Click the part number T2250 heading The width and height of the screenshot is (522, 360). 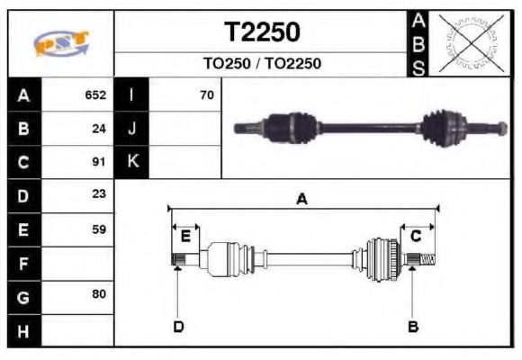(x=262, y=33)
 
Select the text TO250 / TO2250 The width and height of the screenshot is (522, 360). (x=262, y=65)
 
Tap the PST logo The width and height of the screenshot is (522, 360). (x=61, y=43)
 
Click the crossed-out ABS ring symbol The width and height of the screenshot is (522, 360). (x=469, y=42)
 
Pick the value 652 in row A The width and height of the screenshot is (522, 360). (x=95, y=94)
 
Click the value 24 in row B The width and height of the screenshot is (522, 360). (x=99, y=129)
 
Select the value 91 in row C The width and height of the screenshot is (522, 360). (x=99, y=162)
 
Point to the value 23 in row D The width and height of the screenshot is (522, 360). (x=99, y=195)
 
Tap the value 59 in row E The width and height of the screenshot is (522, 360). (x=99, y=229)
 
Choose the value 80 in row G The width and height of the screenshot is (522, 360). (x=99, y=295)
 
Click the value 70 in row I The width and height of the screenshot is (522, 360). (x=206, y=94)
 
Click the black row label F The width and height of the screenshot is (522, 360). (x=23, y=263)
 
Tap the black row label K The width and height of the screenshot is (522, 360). (x=131, y=162)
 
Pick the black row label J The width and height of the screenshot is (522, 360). (x=131, y=129)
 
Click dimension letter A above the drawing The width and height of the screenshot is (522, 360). (x=302, y=200)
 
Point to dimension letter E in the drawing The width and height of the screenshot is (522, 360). (x=185, y=237)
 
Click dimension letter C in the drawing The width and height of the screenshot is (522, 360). (x=416, y=237)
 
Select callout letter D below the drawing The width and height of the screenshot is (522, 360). (x=178, y=326)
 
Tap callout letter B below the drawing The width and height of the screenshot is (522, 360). (x=413, y=326)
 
